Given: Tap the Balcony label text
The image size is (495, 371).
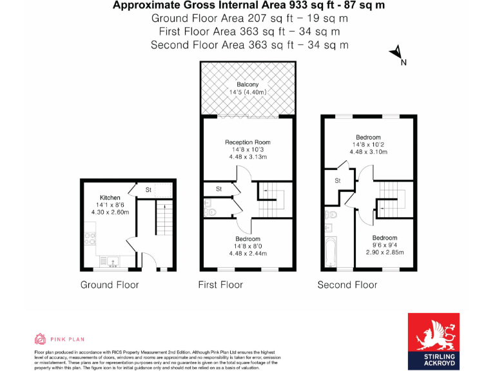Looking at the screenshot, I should [247, 85].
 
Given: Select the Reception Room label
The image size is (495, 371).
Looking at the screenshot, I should [247, 142].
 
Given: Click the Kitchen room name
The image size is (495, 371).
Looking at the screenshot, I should [110, 197].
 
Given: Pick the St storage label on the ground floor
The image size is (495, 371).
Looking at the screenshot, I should [148, 190].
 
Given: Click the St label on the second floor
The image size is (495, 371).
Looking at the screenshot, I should [336, 181].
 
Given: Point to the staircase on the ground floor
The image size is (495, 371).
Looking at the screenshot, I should [164, 222].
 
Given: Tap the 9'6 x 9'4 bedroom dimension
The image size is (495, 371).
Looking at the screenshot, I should [384, 245].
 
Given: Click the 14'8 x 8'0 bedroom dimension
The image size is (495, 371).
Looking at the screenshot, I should [247, 246].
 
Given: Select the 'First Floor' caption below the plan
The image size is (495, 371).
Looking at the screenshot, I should [220, 284].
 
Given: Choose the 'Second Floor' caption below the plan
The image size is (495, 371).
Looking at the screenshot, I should [347, 284].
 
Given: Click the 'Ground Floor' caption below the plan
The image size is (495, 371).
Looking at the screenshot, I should [110, 284].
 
